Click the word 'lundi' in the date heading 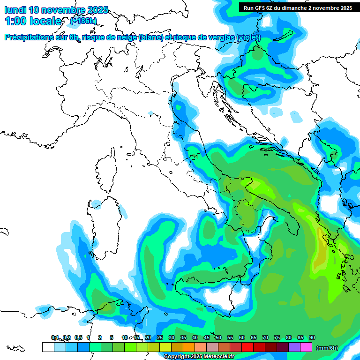point(15,10)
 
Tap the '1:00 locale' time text point(33,21)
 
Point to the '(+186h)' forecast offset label point(83,21)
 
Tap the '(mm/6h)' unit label point(328,348)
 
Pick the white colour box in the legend point(48,347)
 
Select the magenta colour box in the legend point(306,347)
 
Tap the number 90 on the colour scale point(312,338)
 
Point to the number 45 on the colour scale point(207,338)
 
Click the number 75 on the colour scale point(277,338)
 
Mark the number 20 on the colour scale point(148,338)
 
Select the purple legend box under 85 point(294,347)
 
